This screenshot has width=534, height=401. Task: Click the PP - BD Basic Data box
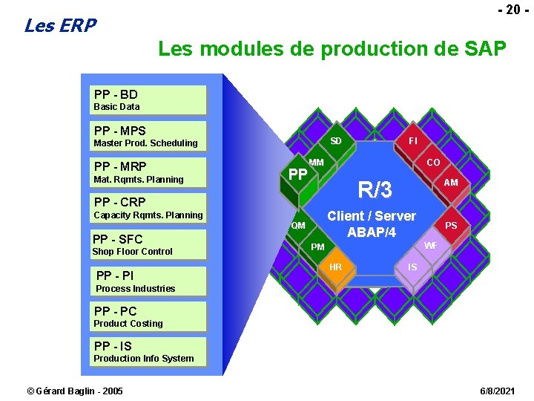point(149,100)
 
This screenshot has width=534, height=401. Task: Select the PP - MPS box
point(149,136)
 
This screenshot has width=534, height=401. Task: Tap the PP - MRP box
point(149,172)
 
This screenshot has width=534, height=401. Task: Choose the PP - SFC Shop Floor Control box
point(149,244)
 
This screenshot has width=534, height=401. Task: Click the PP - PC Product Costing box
point(149,316)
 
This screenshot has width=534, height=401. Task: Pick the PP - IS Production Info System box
point(149,351)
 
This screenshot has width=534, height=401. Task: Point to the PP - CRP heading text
point(119,202)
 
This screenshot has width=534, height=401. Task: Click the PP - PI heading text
point(115,276)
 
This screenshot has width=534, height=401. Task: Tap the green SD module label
point(336,142)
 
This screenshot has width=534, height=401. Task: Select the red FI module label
point(412,140)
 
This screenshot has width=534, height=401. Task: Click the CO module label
point(433,163)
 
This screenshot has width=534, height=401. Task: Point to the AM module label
point(450,183)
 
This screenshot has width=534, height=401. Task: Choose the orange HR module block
point(335,268)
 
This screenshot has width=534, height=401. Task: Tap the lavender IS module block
point(412,267)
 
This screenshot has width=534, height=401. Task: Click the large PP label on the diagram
point(297,175)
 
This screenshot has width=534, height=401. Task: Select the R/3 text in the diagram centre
point(375,190)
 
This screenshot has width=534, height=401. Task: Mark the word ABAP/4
point(372,232)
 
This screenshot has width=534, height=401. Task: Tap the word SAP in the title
point(485,50)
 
